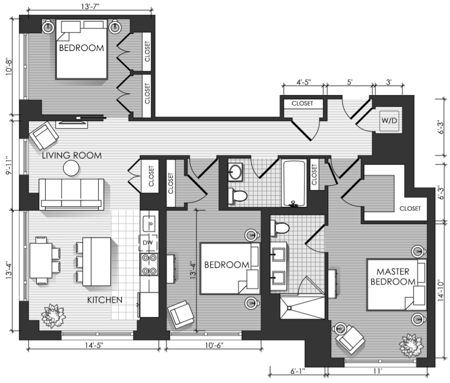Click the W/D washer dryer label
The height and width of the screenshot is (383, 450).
[x=389, y=120]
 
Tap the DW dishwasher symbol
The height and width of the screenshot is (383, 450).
[x=148, y=243]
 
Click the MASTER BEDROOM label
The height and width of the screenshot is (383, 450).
[x=393, y=276]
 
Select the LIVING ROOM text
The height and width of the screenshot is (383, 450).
[x=72, y=155]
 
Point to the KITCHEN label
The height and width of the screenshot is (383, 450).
[x=104, y=300]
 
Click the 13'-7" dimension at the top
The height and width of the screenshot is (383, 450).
[x=90, y=6]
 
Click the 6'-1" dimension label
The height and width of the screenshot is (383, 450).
[x=298, y=371]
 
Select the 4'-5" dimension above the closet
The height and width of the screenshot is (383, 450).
[x=304, y=82]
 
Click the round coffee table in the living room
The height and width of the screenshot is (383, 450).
[x=71, y=168]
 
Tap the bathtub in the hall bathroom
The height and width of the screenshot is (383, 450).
[x=294, y=183]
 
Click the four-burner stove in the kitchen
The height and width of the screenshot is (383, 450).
[x=149, y=264]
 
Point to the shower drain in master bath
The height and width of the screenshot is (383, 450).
[x=289, y=308]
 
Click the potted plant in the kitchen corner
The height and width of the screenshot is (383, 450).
[x=53, y=315]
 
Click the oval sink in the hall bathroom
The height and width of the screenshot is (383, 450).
[x=236, y=172]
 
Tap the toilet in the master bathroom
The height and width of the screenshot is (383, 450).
[x=279, y=228]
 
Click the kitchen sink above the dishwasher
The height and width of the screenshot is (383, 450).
[x=149, y=222]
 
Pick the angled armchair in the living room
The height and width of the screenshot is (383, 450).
[x=44, y=135]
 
